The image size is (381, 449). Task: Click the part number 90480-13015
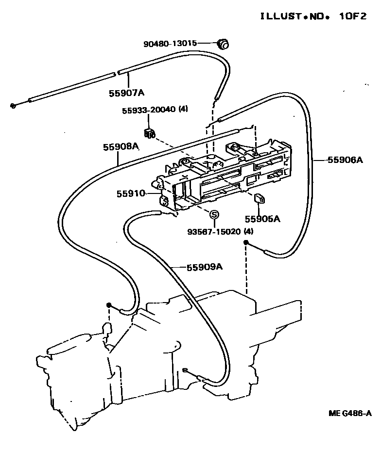coord(170,44)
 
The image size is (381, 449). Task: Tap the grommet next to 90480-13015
coord(224,44)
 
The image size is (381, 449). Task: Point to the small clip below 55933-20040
coord(150,133)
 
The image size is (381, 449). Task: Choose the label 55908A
coord(121,147)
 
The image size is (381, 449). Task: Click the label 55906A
coord(345,160)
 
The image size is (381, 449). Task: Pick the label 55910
coord(130,193)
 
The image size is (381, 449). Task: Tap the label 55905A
coord(262,219)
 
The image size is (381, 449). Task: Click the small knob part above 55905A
coord(260,197)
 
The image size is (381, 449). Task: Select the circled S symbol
coord(214,214)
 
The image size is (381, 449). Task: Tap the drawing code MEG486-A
coord(349,413)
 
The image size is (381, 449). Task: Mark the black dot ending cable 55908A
coord(109,305)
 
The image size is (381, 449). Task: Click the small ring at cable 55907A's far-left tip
coord(14,105)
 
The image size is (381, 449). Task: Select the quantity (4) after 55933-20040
coord(183,110)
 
